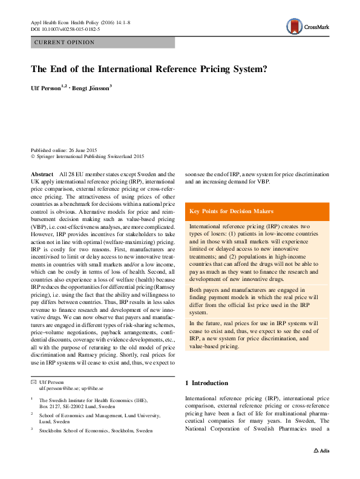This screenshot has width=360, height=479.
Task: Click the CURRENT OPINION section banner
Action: pos(102,42)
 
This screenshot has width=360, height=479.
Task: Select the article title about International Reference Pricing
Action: pos(149,69)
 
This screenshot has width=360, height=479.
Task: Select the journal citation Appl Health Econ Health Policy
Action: pos(79,22)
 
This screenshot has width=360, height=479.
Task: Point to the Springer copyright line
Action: pos(87,156)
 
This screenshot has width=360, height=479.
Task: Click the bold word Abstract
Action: pos(42,174)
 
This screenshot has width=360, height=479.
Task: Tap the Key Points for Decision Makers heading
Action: pos(231,211)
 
